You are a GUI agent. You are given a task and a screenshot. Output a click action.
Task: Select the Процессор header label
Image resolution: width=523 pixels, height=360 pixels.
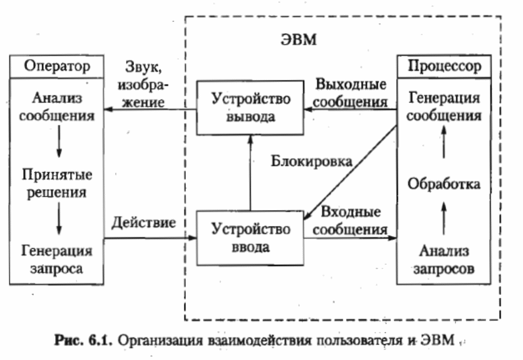tap(444, 66)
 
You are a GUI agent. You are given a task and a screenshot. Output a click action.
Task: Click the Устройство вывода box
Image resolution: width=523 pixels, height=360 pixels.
tap(250, 107)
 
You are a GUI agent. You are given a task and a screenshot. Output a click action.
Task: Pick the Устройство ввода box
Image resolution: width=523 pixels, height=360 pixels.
tap(250, 237)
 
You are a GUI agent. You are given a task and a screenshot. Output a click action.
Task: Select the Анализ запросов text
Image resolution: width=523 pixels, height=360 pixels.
tap(444, 260)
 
